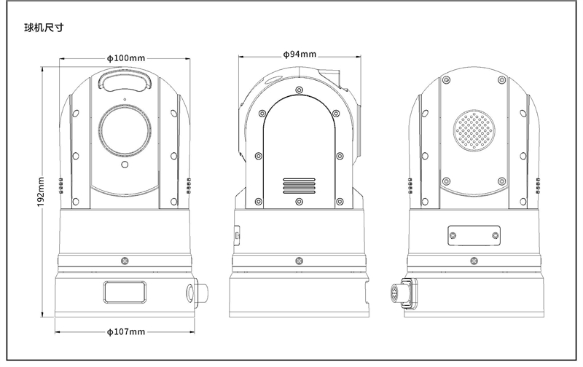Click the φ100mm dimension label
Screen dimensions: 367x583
pos(125,57)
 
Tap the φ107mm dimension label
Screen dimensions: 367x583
pos(125,332)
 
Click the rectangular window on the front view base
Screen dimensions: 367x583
pos(125,293)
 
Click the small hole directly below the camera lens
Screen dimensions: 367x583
pos(125,165)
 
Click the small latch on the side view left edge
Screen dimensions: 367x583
pos(237,234)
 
